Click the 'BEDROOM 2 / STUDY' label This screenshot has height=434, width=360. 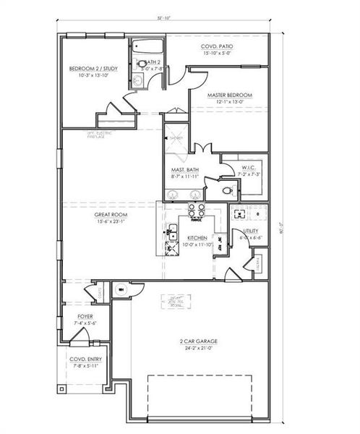coord(88,69)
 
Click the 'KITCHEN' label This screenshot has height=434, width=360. coord(197,237)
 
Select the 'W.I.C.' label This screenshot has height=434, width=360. coord(248,167)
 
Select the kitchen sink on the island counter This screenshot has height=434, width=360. coord(173,233)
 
